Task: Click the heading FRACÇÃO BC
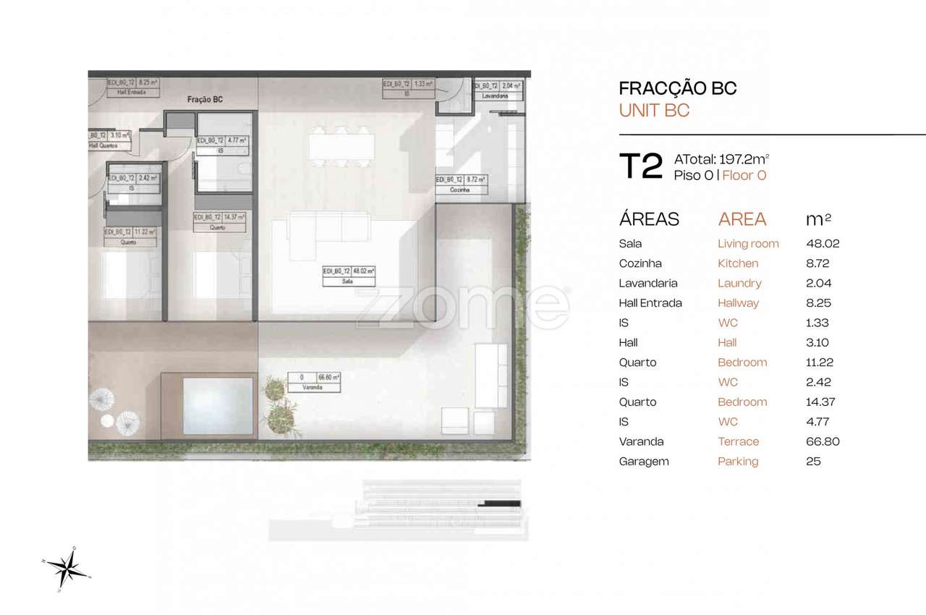click(x=678, y=88)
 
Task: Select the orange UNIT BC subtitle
click(x=654, y=111)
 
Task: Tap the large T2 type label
click(x=640, y=166)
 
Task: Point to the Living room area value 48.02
click(x=823, y=244)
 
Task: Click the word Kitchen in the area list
click(x=738, y=263)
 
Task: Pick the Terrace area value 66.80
click(x=823, y=441)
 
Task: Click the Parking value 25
click(x=813, y=461)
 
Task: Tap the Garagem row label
click(x=644, y=461)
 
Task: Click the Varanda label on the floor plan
click(x=313, y=388)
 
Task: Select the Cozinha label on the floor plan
click(x=459, y=190)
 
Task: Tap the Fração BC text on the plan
click(x=205, y=101)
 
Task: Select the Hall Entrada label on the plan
click(x=127, y=93)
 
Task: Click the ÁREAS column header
click(x=649, y=219)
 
